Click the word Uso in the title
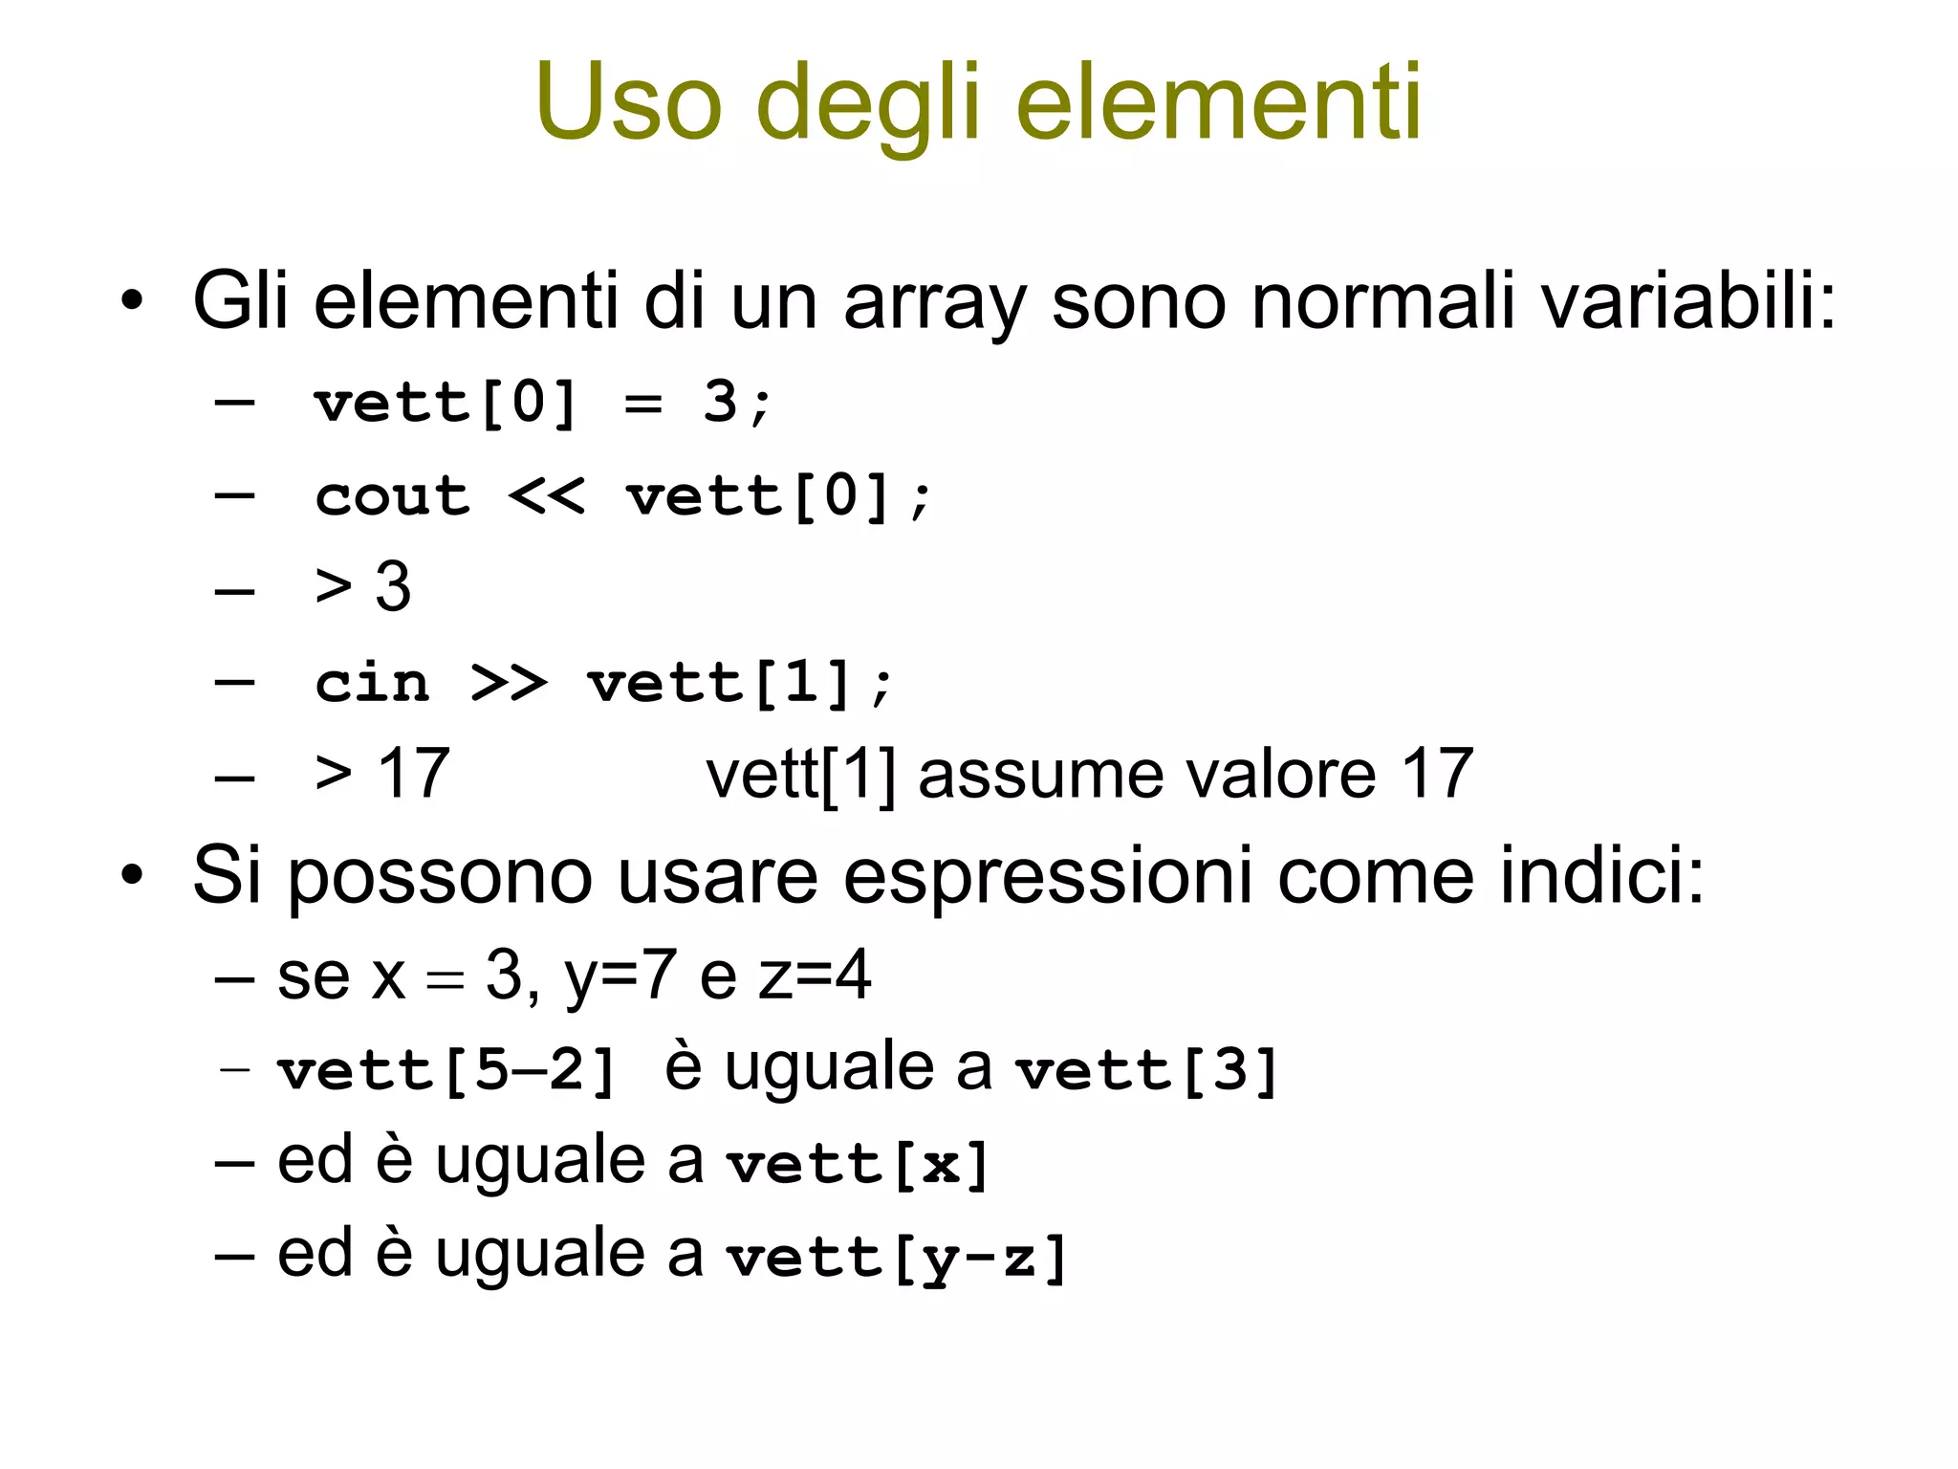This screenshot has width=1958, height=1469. pyautogui.click(x=628, y=103)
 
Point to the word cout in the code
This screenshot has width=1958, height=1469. pyautogui.click(x=393, y=497)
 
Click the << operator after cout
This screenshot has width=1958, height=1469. pyautogui.click(x=546, y=497)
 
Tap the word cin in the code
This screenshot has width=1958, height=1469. pyautogui.click(x=373, y=684)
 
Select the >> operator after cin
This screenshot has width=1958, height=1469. pyautogui.click(x=509, y=684)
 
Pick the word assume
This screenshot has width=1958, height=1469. pyautogui.click(x=1040, y=775)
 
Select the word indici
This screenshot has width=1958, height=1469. pyautogui.click(x=1601, y=876)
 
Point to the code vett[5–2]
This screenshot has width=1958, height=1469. pyautogui.click(x=446, y=1070)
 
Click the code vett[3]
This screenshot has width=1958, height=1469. pyautogui.click(x=1146, y=1070)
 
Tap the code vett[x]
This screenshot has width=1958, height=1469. pyautogui.click(x=857, y=1164)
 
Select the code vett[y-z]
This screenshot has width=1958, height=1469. pyautogui.click(x=896, y=1258)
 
